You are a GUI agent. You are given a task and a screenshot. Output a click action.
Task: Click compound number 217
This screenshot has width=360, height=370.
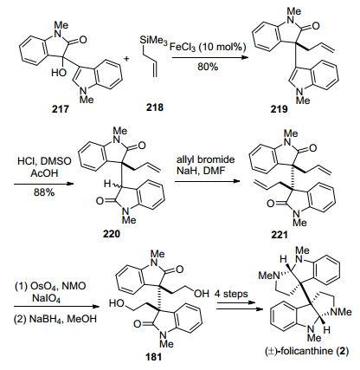tap(61, 109)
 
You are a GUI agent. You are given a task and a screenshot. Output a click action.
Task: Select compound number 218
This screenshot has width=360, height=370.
tap(155, 107)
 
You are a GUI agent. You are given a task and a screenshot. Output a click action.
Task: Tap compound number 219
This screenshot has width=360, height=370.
tap(279, 109)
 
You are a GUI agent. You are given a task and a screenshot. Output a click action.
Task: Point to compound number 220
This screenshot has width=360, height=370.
tap(112, 233)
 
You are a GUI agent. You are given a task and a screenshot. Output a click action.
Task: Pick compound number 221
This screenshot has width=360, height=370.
tap(280, 235)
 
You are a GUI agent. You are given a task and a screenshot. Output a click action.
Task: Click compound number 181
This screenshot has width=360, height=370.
tap(153, 357)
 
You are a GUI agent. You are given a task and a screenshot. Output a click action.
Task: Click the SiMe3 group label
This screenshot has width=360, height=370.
tap(153, 41)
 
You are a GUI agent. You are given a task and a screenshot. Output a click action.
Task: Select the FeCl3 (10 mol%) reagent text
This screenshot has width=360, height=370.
tap(208, 47)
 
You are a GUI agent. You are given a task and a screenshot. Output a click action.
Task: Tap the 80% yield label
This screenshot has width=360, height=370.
tap(208, 67)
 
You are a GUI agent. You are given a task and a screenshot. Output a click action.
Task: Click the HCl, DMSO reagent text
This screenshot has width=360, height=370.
tap(44, 161)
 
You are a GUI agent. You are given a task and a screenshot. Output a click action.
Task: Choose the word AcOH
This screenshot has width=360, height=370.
tap(44, 173)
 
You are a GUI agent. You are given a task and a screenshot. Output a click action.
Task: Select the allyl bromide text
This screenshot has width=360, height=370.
tap(206, 159)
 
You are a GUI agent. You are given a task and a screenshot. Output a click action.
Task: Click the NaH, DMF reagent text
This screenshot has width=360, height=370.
tap(201, 171)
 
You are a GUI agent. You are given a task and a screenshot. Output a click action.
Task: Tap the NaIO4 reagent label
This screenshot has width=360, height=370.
tap(47, 298)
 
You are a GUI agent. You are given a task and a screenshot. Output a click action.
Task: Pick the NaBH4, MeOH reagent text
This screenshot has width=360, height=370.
tap(55, 319)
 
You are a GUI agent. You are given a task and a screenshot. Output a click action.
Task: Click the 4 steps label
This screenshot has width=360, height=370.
tap(231, 294)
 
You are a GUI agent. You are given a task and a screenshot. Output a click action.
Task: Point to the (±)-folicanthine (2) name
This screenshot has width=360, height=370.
tap(307, 351)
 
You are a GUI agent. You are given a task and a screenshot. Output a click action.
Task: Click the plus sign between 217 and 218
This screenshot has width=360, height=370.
tap(126, 59)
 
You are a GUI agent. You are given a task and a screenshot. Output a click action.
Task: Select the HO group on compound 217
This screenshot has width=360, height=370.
tap(59, 72)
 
